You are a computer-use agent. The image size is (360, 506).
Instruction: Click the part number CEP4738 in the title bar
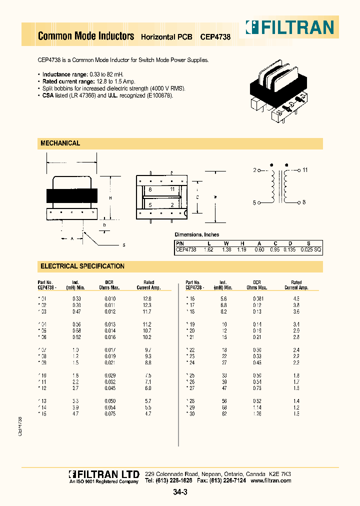pyautogui.click(x=215, y=37)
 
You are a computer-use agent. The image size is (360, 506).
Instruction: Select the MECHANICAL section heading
pyautogui.click(x=60, y=143)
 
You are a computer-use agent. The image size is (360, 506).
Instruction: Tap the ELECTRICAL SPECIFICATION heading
pyautogui.click(x=82, y=266)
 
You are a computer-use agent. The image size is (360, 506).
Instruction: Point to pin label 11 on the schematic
pyautogui.click(x=305, y=170)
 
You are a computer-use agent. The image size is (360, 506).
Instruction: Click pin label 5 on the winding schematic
pyautogui.click(x=254, y=202)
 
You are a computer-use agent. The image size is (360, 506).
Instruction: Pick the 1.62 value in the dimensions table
pyautogui.click(x=208, y=248)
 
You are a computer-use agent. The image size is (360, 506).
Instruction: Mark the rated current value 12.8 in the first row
pyautogui.click(x=146, y=298)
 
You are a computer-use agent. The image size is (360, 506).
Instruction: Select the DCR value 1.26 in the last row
pyautogui.click(x=257, y=413)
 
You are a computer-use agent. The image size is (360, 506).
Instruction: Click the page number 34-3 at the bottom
pyautogui.click(x=180, y=492)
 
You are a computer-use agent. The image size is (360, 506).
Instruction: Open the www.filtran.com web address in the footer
pyautogui.click(x=270, y=480)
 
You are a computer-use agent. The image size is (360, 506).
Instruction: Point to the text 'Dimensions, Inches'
pyautogui.click(x=196, y=234)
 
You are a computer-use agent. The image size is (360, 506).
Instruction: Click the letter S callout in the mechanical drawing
pyautogui.click(x=123, y=244)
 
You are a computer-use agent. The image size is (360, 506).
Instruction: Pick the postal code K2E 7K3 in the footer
pyautogui.click(x=280, y=473)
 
